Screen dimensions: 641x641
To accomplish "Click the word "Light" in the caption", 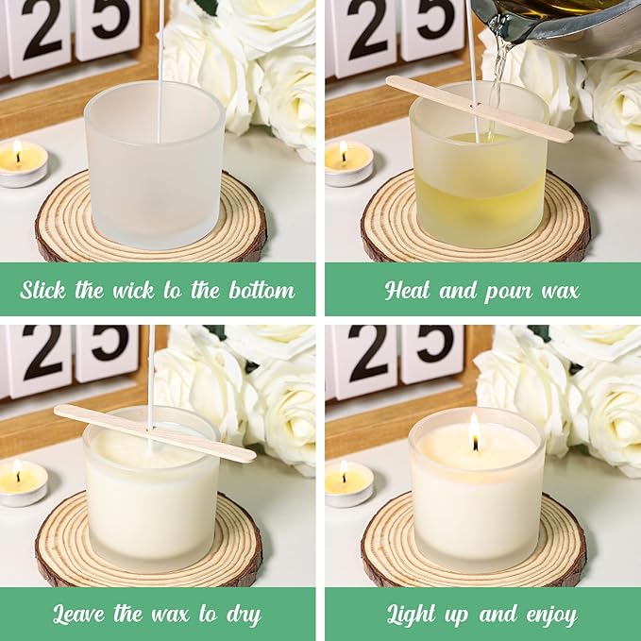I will point(416,616).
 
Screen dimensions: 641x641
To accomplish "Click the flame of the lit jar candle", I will point(474,433).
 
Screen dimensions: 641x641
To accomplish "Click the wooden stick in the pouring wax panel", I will point(479,109).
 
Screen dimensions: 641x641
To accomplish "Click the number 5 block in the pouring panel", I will point(430,26).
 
